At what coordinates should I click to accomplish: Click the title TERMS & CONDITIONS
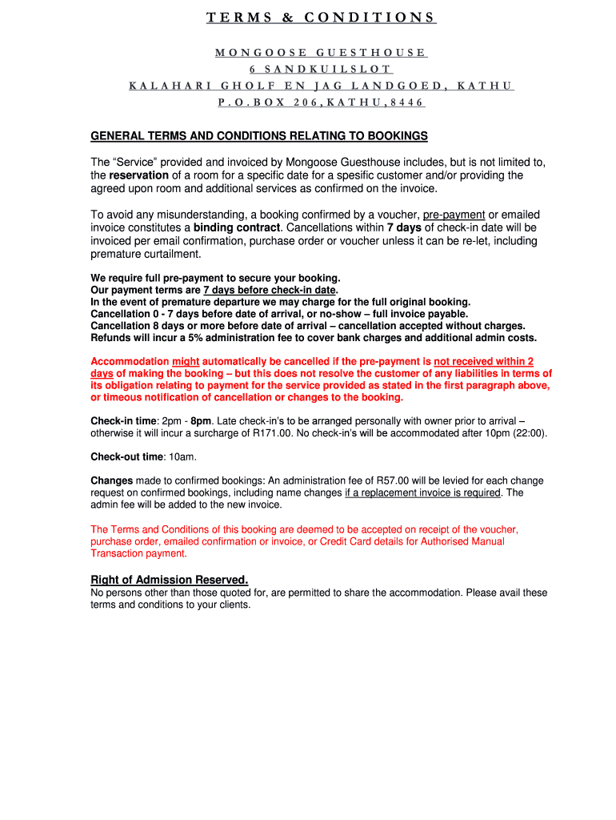tap(321, 18)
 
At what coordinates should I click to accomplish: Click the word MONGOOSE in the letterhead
tap(259, 53)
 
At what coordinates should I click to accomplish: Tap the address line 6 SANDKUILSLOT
tap(321, 70)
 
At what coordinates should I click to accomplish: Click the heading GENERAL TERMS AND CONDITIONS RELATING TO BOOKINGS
tap(259, 136)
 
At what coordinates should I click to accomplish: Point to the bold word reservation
tap(139, 175)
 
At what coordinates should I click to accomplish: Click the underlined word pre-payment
tap(454, 215)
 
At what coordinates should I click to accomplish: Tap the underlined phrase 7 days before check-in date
tap(270, 290)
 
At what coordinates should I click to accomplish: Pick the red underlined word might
tap(186, 362)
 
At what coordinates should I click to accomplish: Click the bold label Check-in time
tap(123, 421)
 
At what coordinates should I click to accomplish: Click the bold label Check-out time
tap(126, 457)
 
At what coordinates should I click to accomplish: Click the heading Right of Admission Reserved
tap(169, 580)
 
